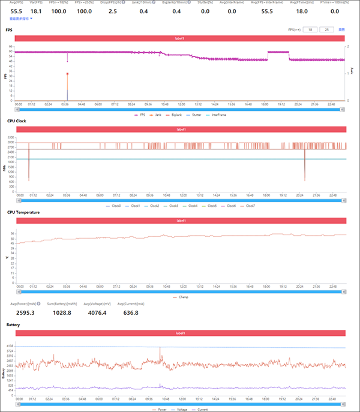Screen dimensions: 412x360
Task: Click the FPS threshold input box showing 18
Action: [310, 29]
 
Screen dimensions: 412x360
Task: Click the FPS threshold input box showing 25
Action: [326, 29]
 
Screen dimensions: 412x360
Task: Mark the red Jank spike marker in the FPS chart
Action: [67, 74]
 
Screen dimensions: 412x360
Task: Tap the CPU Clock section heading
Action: [17, 121]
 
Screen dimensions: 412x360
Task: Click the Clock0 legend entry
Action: [116, 206]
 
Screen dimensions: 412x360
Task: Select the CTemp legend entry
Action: [183, 297]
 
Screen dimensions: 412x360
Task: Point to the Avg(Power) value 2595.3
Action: [23, 312]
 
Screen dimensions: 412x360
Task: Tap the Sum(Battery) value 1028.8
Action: [62, 312]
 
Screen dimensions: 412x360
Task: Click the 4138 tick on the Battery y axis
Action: [10, 346]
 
